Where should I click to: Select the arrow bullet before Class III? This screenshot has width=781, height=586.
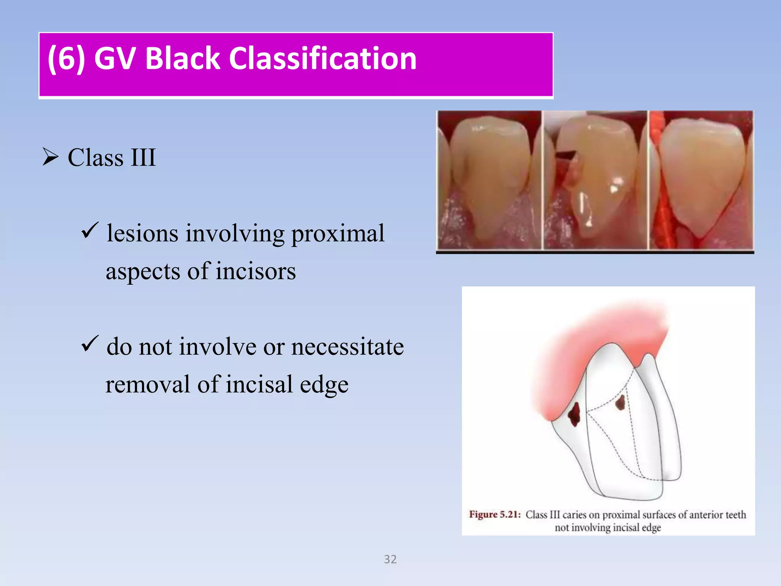point(50,157)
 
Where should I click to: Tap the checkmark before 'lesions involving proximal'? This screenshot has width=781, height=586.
point(90,230)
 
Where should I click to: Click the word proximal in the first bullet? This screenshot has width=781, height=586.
point(338,233)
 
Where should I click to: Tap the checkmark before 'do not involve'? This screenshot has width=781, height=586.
point(90,344)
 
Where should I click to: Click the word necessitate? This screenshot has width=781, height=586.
point(347,347)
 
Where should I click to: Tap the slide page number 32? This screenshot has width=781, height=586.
point(390,559)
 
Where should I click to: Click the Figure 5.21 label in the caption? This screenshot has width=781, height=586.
point(495,515)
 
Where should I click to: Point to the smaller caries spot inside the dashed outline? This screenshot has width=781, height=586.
point(620,402)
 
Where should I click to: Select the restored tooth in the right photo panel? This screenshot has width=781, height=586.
point(702,175)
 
